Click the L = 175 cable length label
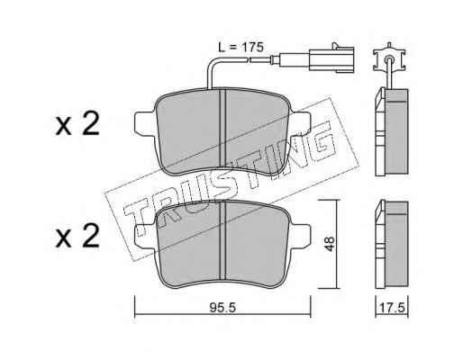pos(241,48)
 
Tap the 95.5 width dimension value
pos(223,308)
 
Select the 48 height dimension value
pos(330,244)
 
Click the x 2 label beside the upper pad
pos(77,124)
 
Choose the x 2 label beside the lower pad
pos(77,237)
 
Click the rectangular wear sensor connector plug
pos(331,59)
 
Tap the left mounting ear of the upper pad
pos(145,123)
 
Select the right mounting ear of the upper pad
pos(300,123)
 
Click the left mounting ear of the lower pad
pos(145,236)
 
